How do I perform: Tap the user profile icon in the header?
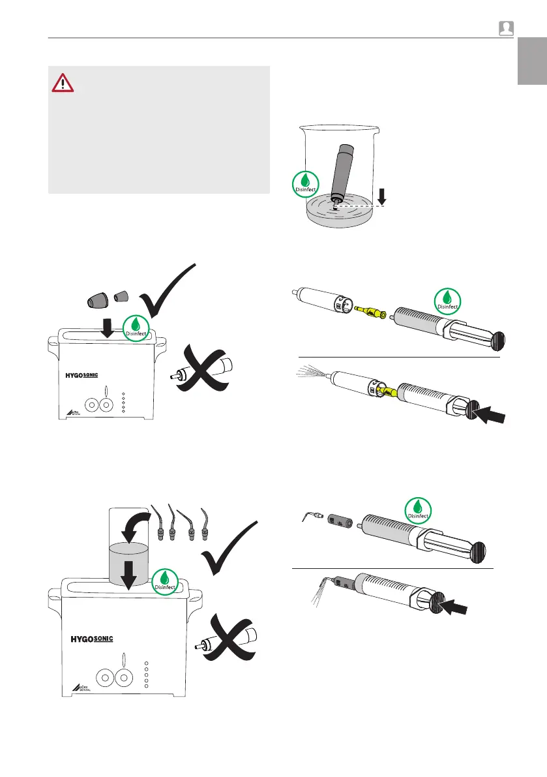[x=506, y=28]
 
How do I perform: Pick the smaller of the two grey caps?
[x=121, y=297]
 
